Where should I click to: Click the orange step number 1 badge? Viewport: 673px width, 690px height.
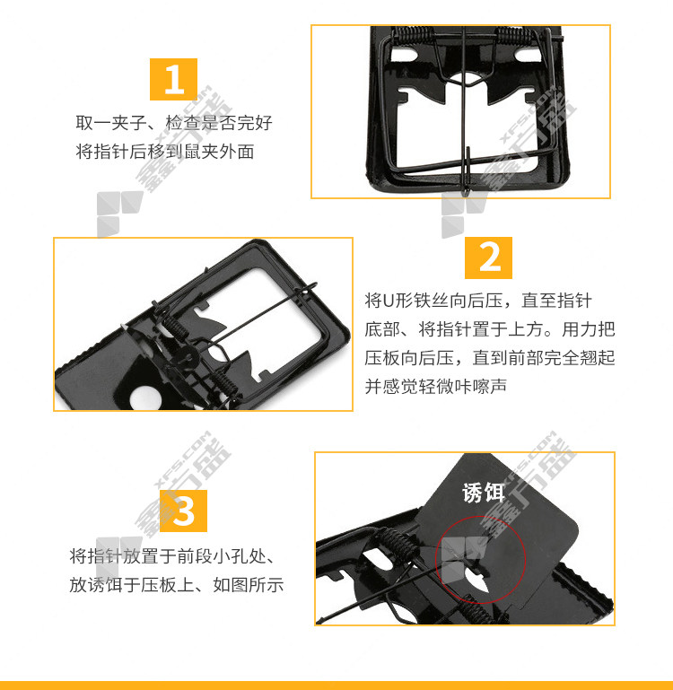click(x=173, y=79)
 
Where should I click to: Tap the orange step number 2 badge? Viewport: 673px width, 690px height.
click(x=488, y=258)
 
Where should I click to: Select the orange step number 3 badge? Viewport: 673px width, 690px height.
click(x=184, y=511)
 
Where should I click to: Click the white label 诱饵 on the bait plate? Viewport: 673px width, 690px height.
click(x=484, y=492)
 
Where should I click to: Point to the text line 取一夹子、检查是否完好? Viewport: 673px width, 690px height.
click(x=174, y=123)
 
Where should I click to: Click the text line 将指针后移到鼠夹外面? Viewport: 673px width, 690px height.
click(x=165, y=152)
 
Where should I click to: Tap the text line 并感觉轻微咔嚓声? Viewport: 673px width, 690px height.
click(x=435, y=386)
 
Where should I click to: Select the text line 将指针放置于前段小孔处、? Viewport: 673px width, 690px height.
click(x=172, y=556)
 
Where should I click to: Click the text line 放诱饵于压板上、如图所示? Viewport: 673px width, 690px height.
click(x=177, y=585)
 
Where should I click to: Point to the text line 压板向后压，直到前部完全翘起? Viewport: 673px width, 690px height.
click(x=489, y=357)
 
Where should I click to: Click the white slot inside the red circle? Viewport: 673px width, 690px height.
click(x=476, y=583)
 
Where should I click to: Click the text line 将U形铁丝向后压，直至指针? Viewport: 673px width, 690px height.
click(x=478, y=301)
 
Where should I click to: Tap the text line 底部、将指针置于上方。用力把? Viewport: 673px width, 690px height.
click(x=489, y=328)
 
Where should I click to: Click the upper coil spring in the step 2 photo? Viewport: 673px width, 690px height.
click(x=175, y=326)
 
